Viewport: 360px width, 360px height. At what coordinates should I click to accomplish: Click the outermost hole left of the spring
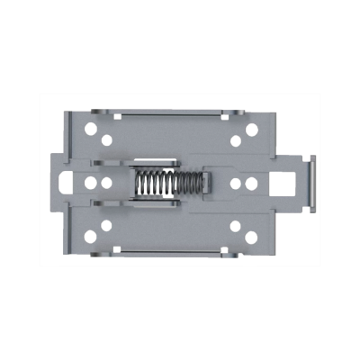[x=90, y=183]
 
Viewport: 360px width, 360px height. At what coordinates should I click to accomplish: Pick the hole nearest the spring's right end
[x=235, y=183]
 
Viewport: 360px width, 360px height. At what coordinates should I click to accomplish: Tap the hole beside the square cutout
[x=251, y=183]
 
